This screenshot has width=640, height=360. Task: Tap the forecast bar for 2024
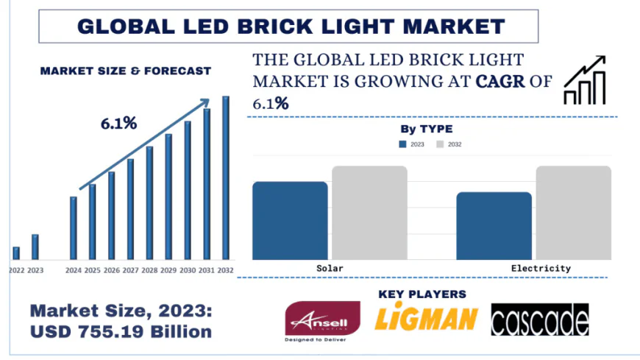(73, 227)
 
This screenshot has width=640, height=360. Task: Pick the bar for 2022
(16, 253)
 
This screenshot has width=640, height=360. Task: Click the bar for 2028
(149, 202)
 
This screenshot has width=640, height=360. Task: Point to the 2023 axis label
(35, 270)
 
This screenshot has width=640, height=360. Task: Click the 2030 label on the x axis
(188, 270)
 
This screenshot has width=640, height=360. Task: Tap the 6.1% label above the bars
(118, 124)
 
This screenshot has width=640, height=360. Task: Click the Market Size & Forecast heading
(125, 71)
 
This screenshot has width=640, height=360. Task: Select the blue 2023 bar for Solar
(289, 220)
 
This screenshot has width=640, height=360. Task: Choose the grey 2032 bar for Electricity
(573, 213)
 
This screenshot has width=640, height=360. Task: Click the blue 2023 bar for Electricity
(494, 225)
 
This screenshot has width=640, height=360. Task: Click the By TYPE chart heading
(426, 129)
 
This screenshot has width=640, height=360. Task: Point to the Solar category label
(330, 269)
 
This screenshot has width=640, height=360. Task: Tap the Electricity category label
(541, 269)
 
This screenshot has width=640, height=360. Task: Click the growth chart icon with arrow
(585, 80)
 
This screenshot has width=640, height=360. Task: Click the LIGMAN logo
(426, 317)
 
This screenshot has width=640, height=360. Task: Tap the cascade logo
(540, 320)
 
